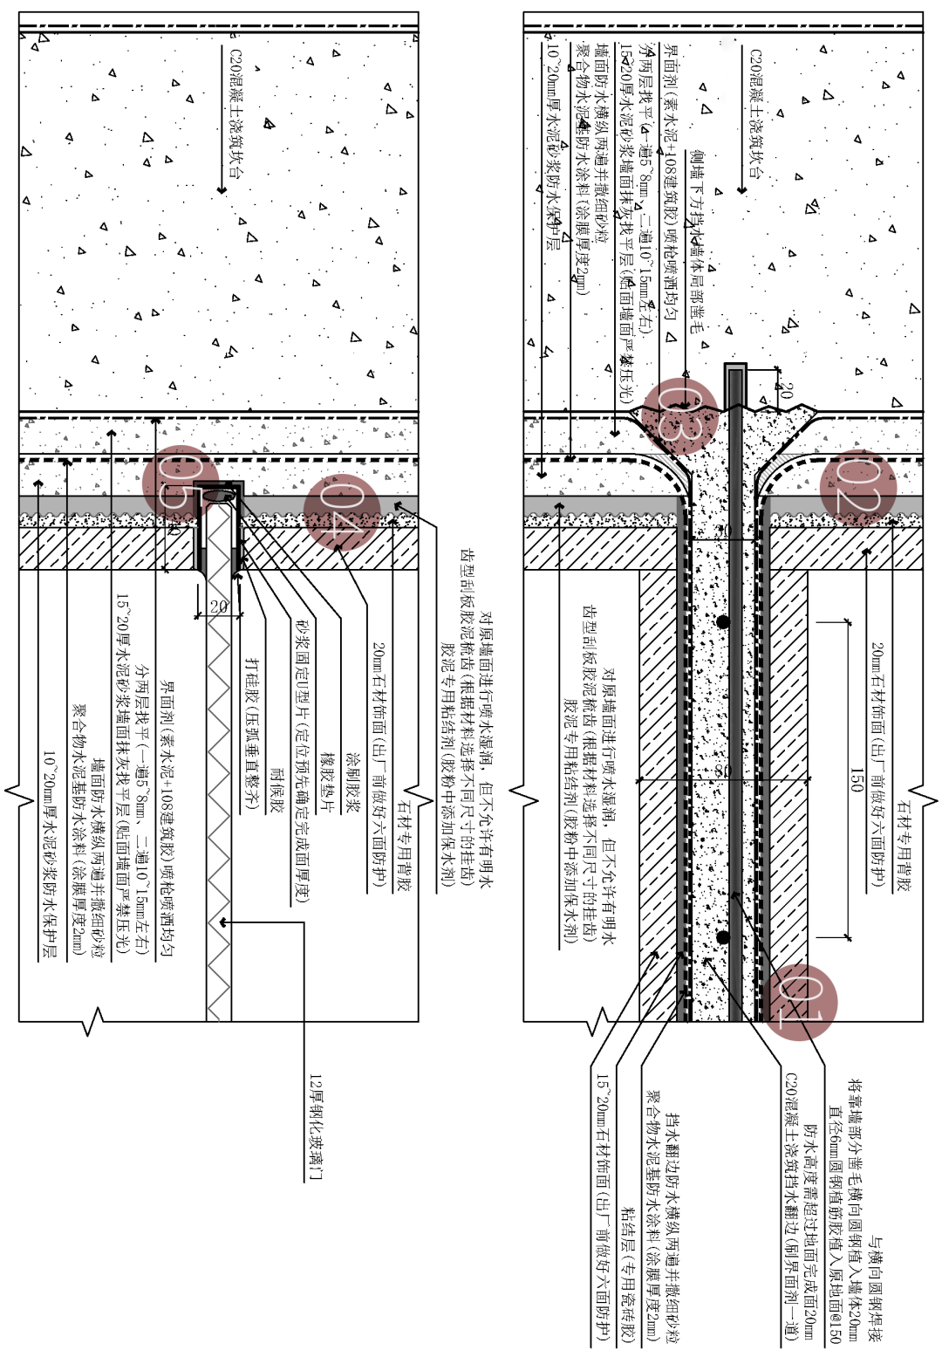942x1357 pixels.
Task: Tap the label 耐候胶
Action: [277, 792]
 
